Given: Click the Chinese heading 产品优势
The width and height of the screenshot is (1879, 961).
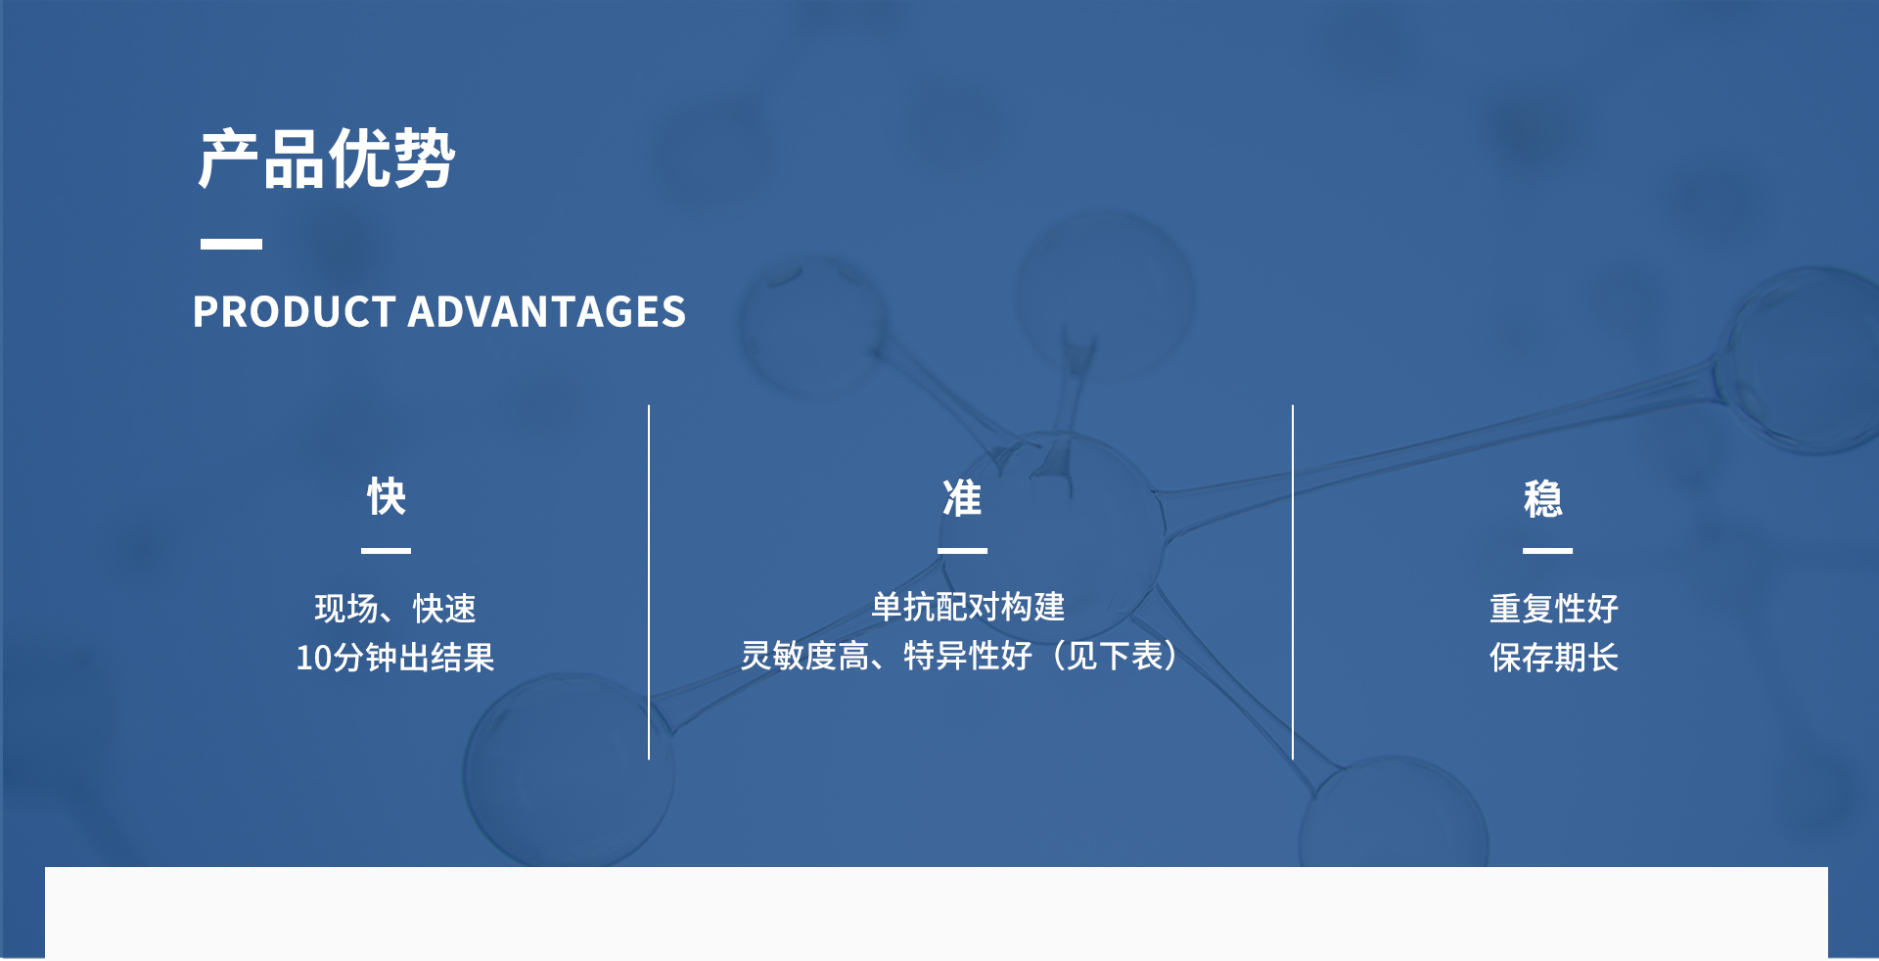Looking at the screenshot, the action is [x=327, y=159].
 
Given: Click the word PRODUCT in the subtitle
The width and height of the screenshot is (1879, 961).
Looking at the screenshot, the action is [x=294, y=312].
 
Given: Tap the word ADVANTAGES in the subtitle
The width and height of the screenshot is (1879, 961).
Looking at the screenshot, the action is [x=547, y=312].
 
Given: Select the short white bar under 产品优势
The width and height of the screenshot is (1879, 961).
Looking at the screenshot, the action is [x=231, y=244].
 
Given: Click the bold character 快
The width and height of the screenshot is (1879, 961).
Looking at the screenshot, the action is [x=387, y=497].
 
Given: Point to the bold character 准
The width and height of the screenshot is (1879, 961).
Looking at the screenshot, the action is [x=962, y=498].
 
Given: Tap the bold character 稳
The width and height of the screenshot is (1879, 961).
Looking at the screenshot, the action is [x=1543, y=498].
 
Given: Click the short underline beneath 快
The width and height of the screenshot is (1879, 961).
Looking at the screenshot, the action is [x=386, y=551].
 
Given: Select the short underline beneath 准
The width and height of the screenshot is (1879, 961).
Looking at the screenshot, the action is [x=962, y=551].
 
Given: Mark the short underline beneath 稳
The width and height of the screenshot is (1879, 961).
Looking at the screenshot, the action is [x=1547, y=551].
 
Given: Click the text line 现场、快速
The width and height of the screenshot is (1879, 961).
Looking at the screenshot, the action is [x=395, y=609].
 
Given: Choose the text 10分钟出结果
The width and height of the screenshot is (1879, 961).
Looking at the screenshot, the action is [x=395, y=658].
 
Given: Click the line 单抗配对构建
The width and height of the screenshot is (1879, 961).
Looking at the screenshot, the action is [x=968, y=607].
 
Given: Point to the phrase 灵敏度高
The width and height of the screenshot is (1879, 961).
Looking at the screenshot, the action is [x=804, y=656].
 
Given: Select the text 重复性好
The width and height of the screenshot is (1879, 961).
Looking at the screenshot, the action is [x=1554, y=609].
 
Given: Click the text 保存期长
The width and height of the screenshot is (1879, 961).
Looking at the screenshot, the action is [x=1554, y=658].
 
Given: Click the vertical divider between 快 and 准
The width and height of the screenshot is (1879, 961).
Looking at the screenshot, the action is [x=649, y=582].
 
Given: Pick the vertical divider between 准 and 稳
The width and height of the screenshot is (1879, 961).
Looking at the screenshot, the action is [x=1293, y=582].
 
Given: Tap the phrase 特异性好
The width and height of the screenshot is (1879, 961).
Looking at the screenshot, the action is [x=968, y=656].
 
